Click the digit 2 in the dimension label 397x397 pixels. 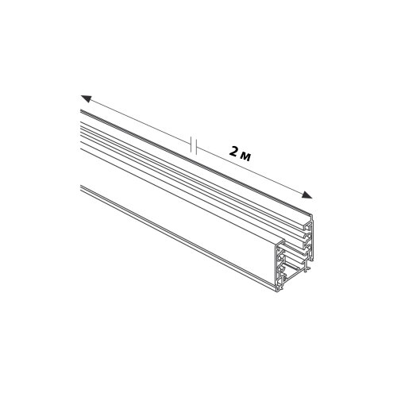(x=233, y=152)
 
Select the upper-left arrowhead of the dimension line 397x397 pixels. (x=87, y=99)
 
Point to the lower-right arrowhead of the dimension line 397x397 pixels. (x=306, y=195)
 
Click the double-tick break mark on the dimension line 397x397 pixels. (x=194, y=145)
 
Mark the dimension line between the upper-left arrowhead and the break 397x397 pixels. (x=137, y=121)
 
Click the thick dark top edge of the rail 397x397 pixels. (x=196, y=160)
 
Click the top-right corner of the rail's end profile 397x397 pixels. (x=313, y=215)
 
